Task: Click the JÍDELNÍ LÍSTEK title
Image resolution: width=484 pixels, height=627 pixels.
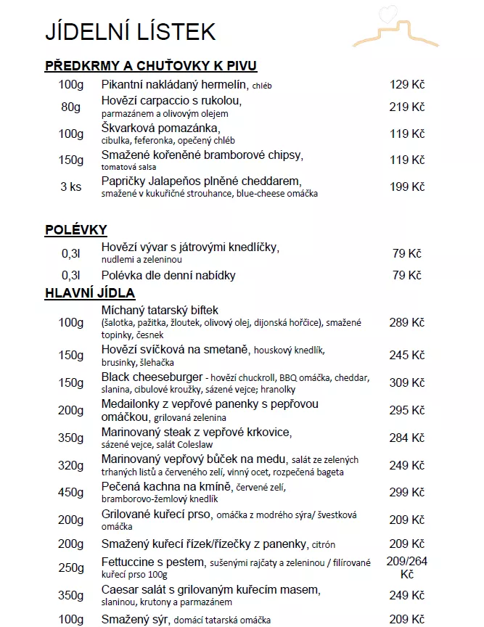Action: tap(131, 31)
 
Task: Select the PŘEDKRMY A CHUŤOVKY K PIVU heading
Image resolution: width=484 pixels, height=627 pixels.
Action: tap(151, 66)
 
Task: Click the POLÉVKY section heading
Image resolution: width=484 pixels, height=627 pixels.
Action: tap(76, 230)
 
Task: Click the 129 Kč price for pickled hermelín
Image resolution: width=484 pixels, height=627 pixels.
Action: tap(406, 85)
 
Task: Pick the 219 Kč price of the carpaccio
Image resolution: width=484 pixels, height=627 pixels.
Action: tap(406, 107)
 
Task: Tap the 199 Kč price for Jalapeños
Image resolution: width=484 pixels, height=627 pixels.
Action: tap(406, 187)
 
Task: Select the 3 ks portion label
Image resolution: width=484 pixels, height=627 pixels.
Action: tap(71, 187)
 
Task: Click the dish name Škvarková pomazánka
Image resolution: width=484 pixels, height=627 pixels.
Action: tap(160, 128)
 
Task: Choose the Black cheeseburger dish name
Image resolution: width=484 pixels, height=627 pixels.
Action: tap(151, 377)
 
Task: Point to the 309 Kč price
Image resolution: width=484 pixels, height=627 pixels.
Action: tap(406, 382)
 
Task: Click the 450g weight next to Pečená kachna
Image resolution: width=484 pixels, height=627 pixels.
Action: tap(71, 493)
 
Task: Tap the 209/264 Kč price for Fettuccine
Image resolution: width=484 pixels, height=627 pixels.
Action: tap(406, 567)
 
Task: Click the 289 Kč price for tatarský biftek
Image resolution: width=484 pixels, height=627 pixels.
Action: tap(406, 322)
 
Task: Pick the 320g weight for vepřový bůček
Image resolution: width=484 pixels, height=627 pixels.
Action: tap(71, 465)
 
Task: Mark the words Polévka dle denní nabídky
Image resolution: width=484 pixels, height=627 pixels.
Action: tap(168, 276)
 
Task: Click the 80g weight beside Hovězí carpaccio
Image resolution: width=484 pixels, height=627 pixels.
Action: tap(71, 107)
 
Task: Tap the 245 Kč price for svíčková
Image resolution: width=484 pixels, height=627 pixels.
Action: tap(406, 355)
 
